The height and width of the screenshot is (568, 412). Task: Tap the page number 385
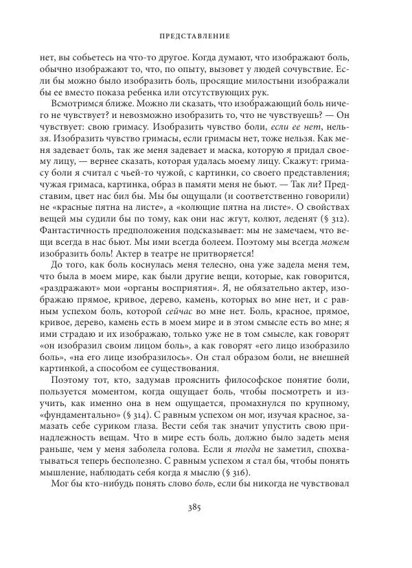click(x=207, y=528)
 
